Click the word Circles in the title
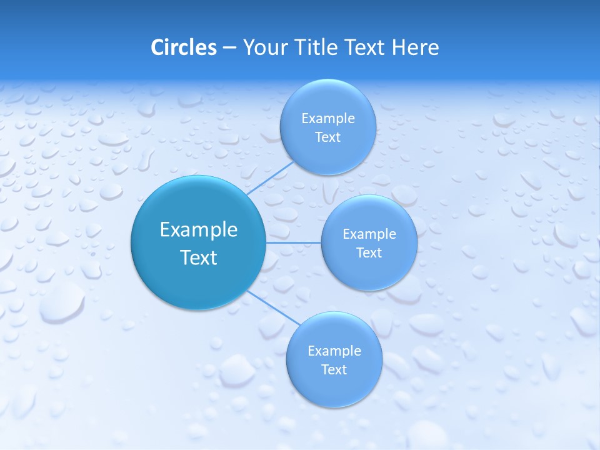pyautogui.click(x=183, y=47)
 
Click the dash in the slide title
pyautogui.click(x=229, y=48)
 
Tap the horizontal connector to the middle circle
pyautogui.click(x=293, y=242)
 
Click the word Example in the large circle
pyautogui.click(x=199, y=230)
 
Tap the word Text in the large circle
pyautogui.click(x=199, y=257)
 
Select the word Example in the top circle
pyautogui.click(x=328, y=119)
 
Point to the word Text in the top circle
pyautogui.click(x=327, y=137)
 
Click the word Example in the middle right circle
pyautogui.click(x=369, y=234)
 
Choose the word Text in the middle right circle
pyautogui.click(x=369, y=253)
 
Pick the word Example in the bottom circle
pyautogui.click(x=334, y=351)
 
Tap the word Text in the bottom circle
pyautogui.click(x=334, y=370)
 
